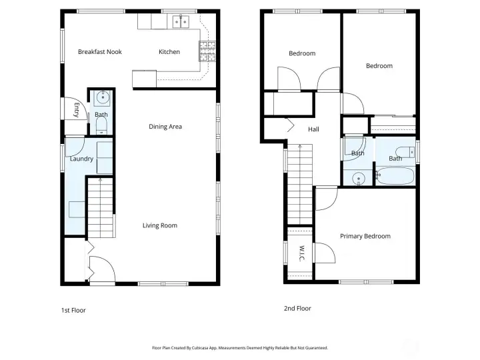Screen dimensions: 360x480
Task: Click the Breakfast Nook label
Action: point(99,52)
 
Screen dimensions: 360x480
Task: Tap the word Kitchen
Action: point(169,52)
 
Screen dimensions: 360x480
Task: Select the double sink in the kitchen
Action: point(179,22)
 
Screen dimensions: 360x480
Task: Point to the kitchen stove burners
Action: point(207,49)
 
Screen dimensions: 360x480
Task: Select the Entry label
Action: point(77,110)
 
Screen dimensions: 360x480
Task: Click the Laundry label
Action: point(81,159)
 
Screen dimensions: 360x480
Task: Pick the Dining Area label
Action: point(165,127)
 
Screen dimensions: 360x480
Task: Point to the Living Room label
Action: point(160,225)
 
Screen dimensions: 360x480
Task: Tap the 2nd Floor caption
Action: point(297,309)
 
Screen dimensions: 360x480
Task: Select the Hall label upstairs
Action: point(313,130)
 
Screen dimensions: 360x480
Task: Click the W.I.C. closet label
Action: point(301,253)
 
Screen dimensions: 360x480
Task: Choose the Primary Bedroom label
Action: point(365,236)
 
